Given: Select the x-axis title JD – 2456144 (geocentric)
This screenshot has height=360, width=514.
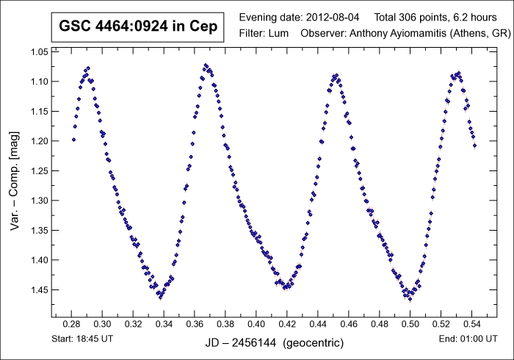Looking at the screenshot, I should (269, 342).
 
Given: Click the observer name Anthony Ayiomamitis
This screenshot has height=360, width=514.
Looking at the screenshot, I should (387, 34).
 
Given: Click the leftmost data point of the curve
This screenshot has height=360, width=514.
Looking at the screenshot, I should (73, 139).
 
